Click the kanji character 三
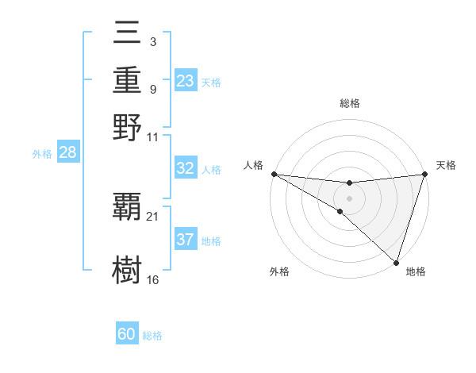[x=127, y=34]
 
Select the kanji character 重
[x=127, y=80]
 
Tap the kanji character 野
[x=127, y=127]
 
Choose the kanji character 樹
[x=127, y=270]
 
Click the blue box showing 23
[x=185, y=81]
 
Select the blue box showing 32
[x=185, y=168]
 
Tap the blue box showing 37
[x=185, y=240]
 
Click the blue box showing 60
[x=127, y=334]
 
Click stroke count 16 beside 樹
[x=153, y=279]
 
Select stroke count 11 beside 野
[x=153, y=137]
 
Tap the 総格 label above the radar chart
[x=350, y=103]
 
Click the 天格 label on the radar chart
[x=446, y=165]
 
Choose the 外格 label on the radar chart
[x=279, y=271]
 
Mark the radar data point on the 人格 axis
[x=274, y=174]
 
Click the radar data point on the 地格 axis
[x=396, y=262]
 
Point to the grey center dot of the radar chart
[x=349, y=198]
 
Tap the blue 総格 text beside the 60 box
[x=152, y=336]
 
